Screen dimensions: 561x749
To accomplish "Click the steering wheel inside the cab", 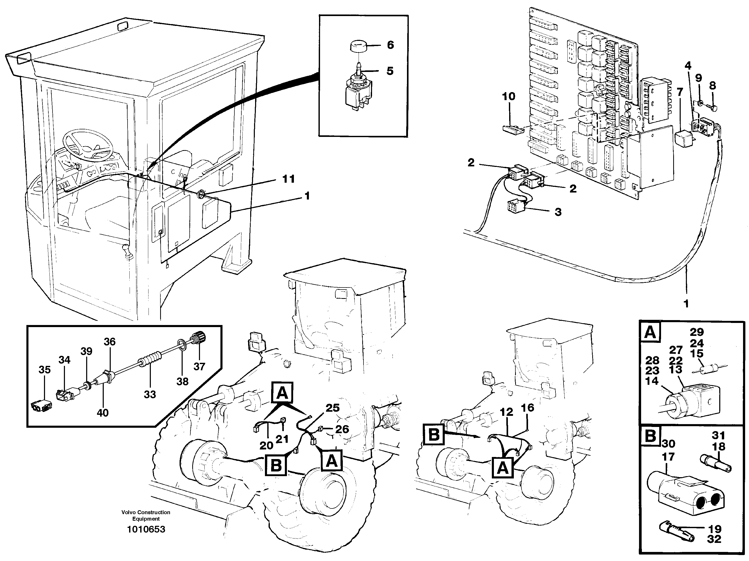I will click(x=88, y=144).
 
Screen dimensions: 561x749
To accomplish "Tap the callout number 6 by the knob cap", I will click(x=390, y=45).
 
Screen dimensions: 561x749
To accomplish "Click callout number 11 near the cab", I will click(x=288, y=179).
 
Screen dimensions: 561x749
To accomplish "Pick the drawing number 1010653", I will click(x=146, y=529).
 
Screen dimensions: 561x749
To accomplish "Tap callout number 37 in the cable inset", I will click(x=199, y=366).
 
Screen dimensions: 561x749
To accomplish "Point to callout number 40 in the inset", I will click(x=103, y=413).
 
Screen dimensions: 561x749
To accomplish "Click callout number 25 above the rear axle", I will click(x=332, y=408).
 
